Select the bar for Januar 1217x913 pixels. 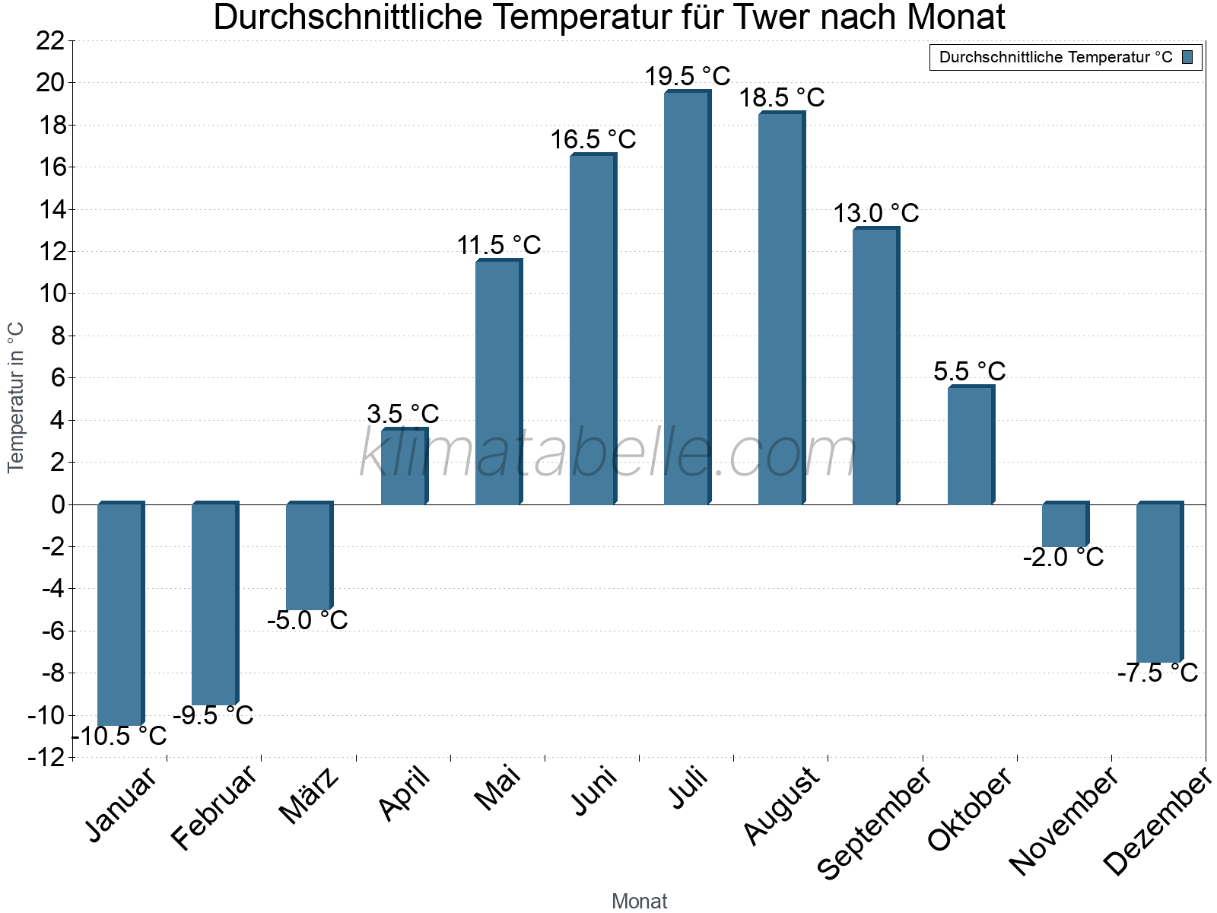[119, 613]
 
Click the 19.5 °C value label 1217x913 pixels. [688, 76]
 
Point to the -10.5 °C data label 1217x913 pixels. [120, 736]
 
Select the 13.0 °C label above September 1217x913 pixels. [876, 213]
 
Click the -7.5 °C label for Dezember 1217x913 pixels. [1157, 673]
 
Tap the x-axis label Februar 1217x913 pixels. [214, 808]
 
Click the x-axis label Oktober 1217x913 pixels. [970, 808]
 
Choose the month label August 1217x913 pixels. [781, 806]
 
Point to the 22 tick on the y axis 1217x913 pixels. [50, 41]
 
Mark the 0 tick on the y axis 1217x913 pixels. [59, 504]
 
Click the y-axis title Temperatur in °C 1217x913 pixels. [16, 397]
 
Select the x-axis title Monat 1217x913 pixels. [639, 901]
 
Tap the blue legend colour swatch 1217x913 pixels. [1187, 57]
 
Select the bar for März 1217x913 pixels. [308, 556]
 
